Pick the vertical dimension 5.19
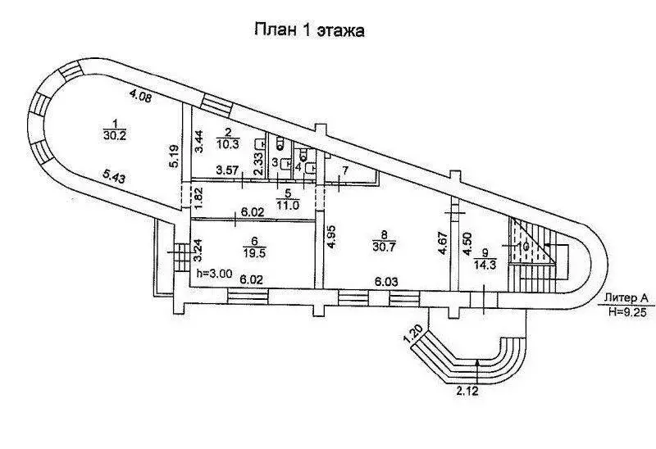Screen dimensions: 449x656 (174, 156)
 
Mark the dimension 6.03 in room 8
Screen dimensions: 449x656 (387, 280)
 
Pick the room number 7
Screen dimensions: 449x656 (345, 170)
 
